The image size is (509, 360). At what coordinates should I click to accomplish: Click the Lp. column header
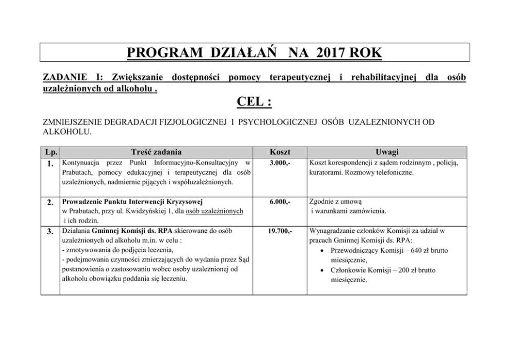click(x=50, y=152)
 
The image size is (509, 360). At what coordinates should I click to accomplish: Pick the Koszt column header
click(x=280, y=152)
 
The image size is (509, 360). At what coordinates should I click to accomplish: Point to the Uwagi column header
click(x=387, y=152)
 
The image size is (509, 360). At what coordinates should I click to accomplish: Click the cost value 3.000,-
click(x=280, y=163)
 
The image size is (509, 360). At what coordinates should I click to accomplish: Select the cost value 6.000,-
click(x=280, y=202)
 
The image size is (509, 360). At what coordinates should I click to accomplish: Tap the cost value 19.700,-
click(x=280, y=231)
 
